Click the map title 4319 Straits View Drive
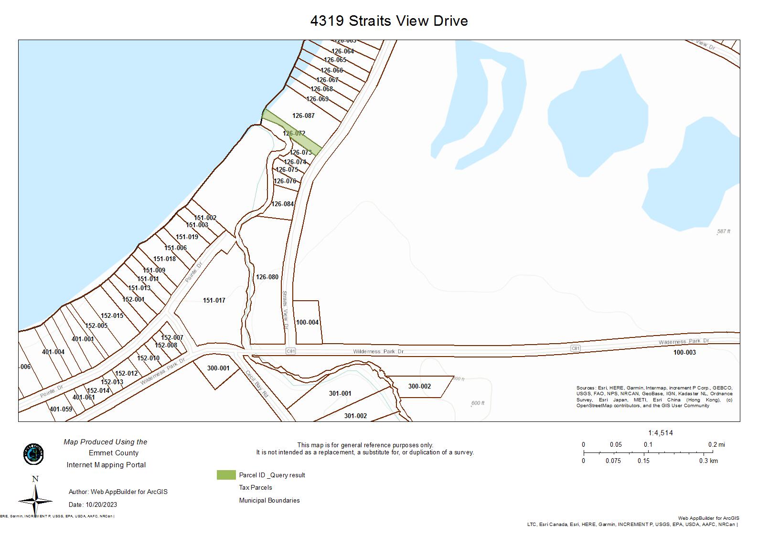pyautogui.click(x=389, y=21)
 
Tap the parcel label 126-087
pyautogui.click(x=303, y=116)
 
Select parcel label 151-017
pyautogui.click(x=214, y=300)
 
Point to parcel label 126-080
pyautogui.click(x=267, y=277)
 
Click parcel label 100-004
pyautogui.click(x=307, y=322)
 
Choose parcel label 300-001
pyautogui.click(x=218, y=368)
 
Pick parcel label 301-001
pyautogui.click(x=340, y=393)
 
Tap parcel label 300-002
pyautogui.click(x=419, y=386)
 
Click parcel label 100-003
pyautogui.click(x=684, y=352)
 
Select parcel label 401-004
pyautogui.click(x=53, y=352)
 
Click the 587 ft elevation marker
pyautogui.click(x=724, y=231)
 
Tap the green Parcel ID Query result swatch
pyautogui.click(x=226, y=475)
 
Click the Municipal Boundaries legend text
pyautogui.click(x=269, y=500)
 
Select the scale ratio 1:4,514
pyautogui.click(x=660, y=433)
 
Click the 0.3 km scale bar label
pyautogui.click(x=708, y=461)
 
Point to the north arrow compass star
pyautogui.click(x=35, y=499)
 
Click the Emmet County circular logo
pyautogui.click(x=33, y=454)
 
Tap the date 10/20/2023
pyautogui.click(x=102, y=504)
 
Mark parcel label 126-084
pyautogui.click(x=282, y=204)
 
